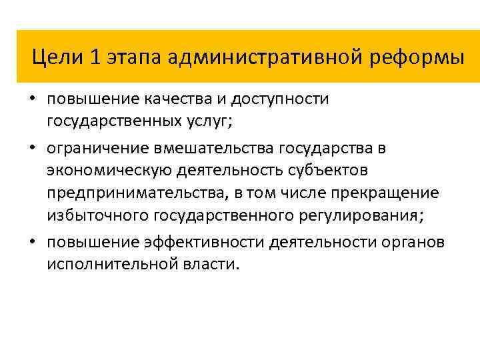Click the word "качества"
(172, 100)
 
